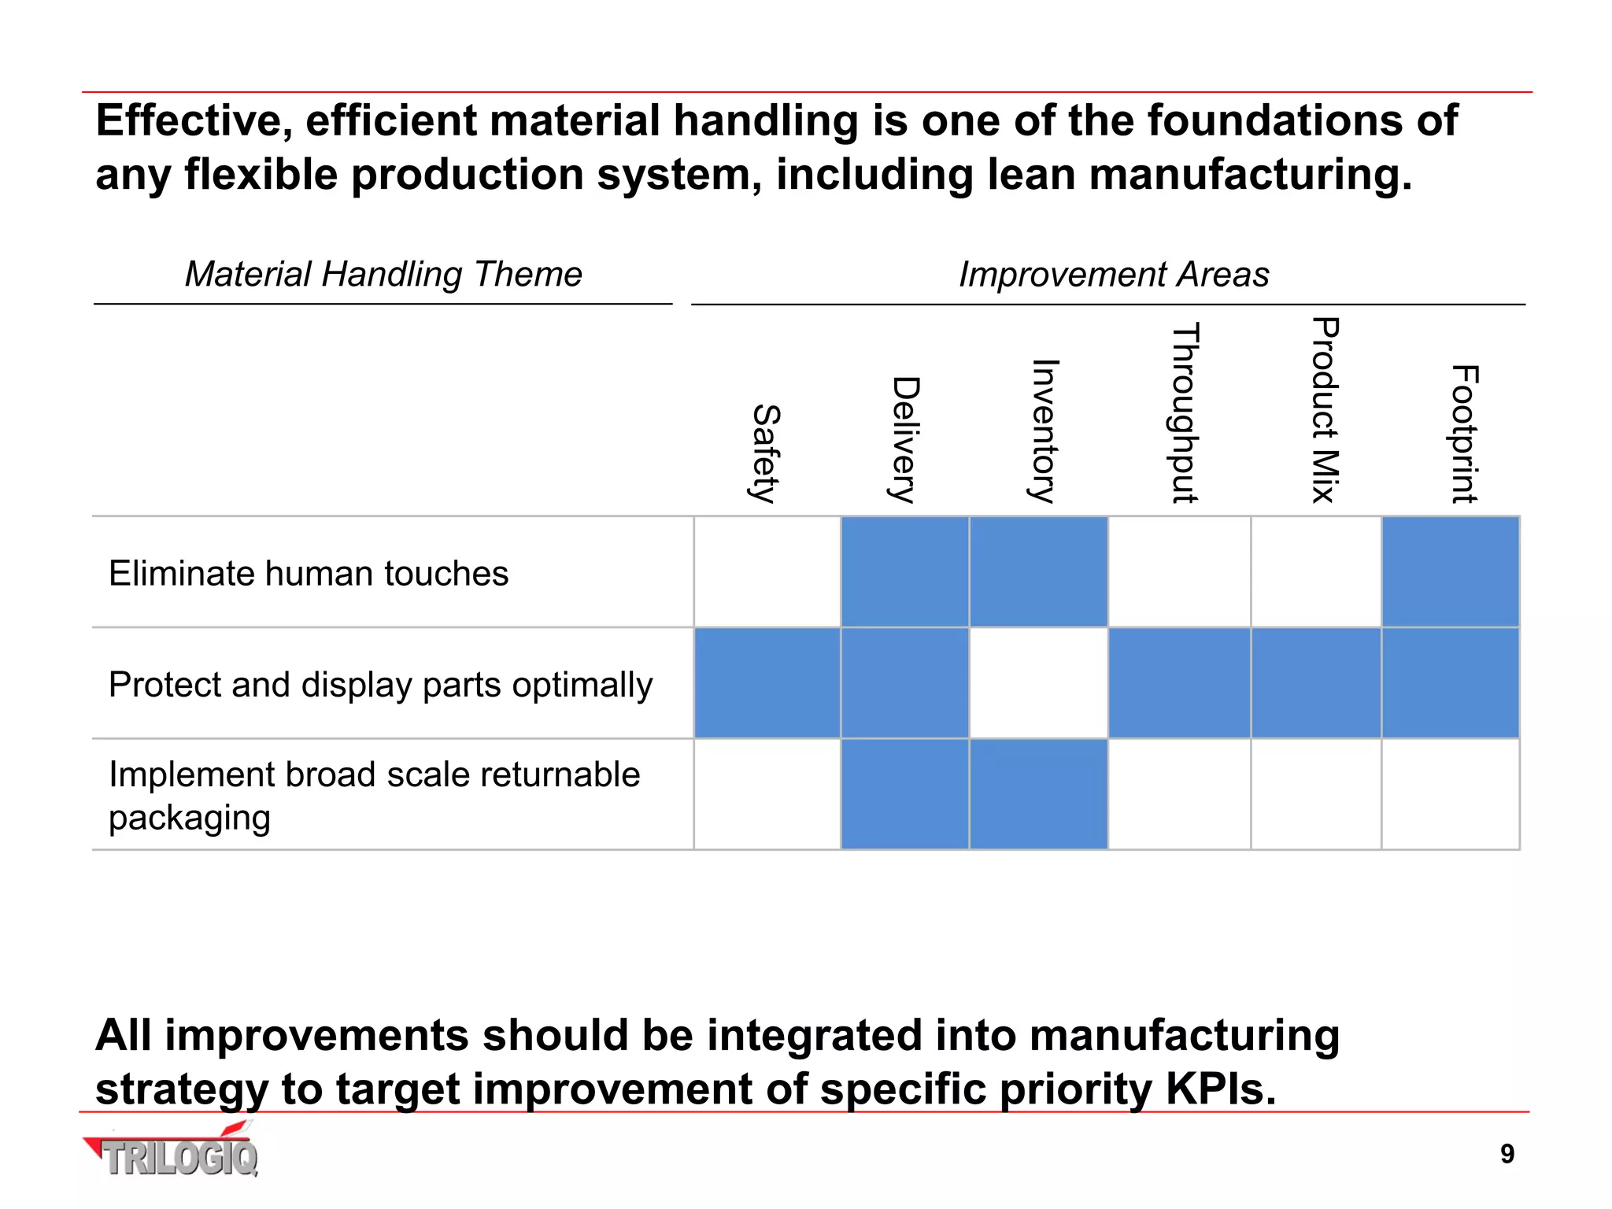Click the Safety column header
(765, 453)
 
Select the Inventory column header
(1044, 431)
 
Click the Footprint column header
(1464, 434)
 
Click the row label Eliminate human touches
(309, 573)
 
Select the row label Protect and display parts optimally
(380, 685)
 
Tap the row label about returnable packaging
(374, 795)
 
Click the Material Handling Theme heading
(383, 275)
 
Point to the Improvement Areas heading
(1114, 275)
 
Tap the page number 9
(1507, 1154)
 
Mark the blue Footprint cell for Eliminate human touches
(1450, 572)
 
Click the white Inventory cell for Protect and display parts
(1038, 683)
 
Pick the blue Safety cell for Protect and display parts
(767, 683)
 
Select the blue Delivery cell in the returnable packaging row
(904, 794)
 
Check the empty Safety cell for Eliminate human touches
(767, 572)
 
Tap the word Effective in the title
(194, 121)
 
